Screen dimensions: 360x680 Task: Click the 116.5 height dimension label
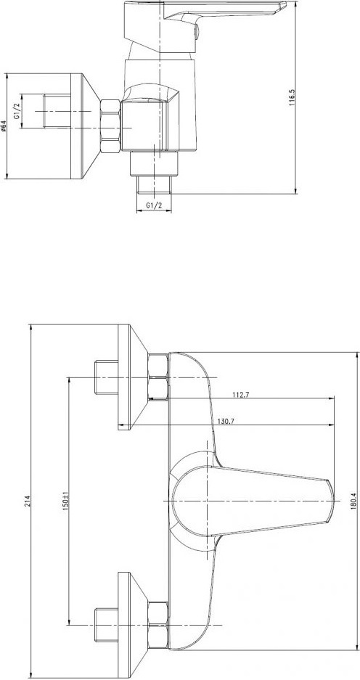[x=292, y=97]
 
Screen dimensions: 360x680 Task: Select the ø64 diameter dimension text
[x=4, y=126]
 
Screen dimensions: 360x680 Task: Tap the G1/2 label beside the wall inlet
[x=17, y=111]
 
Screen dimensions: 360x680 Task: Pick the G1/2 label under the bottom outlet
[x=154, y=205]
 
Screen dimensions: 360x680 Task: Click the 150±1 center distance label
[x=65, y=500]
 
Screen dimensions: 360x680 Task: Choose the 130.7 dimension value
[x=224, y=421]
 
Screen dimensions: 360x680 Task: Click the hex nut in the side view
[x=110, y=126]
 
